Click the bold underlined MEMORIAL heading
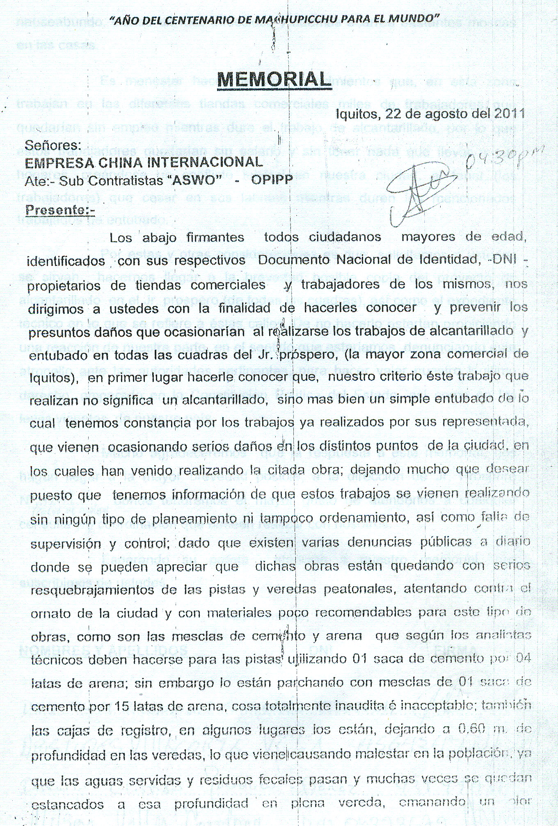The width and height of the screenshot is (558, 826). pyautogui.click(x=274, y=79)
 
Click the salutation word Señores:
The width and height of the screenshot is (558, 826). pyautogui.click(x=53, y=145)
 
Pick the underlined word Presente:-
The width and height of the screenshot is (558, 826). pyautogui.click(x=60, y=210)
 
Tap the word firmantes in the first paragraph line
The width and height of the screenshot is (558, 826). pyautogui.click(x=215, y=237)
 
